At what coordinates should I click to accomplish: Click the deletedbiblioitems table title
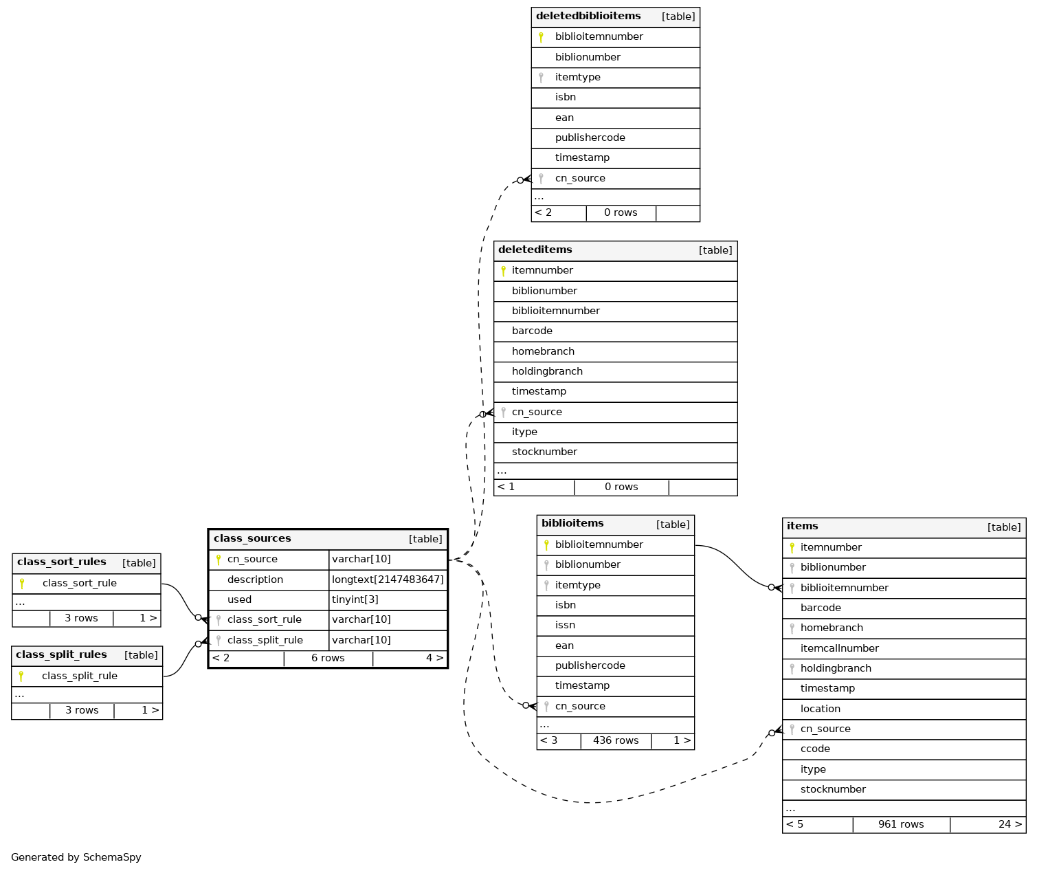tap(588, 16)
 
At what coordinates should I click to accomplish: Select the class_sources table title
tap(252, 538)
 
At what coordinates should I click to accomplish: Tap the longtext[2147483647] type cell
tap(388, 580)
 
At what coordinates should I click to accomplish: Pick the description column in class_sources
tap(255, 580)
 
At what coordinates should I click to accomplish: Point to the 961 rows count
tap(901, 824)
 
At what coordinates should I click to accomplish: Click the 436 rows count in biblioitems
tap(616, 740)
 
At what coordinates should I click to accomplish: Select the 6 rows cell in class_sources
tap(328, 658)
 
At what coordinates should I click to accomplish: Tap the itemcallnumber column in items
tap(839, 648)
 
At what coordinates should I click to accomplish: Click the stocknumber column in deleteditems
tap(544, 452)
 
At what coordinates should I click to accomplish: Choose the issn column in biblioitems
tap(565, 625)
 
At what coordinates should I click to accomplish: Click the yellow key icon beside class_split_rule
tap(21, 676)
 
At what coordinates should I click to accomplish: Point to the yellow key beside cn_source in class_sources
tap(219, 560)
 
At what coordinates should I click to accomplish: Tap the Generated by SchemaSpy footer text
tap(76, 857)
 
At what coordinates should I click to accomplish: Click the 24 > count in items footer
tap(1010, 824)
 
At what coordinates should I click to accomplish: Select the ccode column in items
tap(815, 749)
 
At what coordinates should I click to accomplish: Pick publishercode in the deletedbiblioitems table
tap(590, 137)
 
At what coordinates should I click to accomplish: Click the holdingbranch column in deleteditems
tap(547, 371)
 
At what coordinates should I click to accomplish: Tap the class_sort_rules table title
tap(62, 562)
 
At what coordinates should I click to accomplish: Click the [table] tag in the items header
tap(1004, 527)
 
